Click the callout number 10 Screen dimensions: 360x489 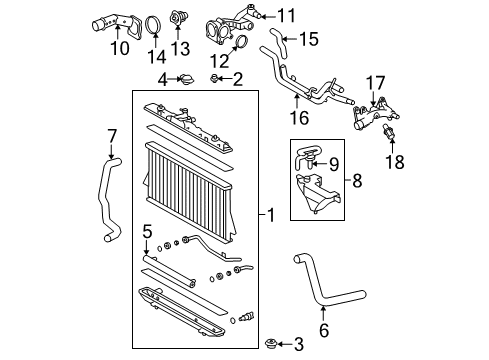point(120,47)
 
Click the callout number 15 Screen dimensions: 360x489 point(309,40)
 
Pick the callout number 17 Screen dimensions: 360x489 point(376,83)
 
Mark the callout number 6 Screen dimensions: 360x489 point(322,326)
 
